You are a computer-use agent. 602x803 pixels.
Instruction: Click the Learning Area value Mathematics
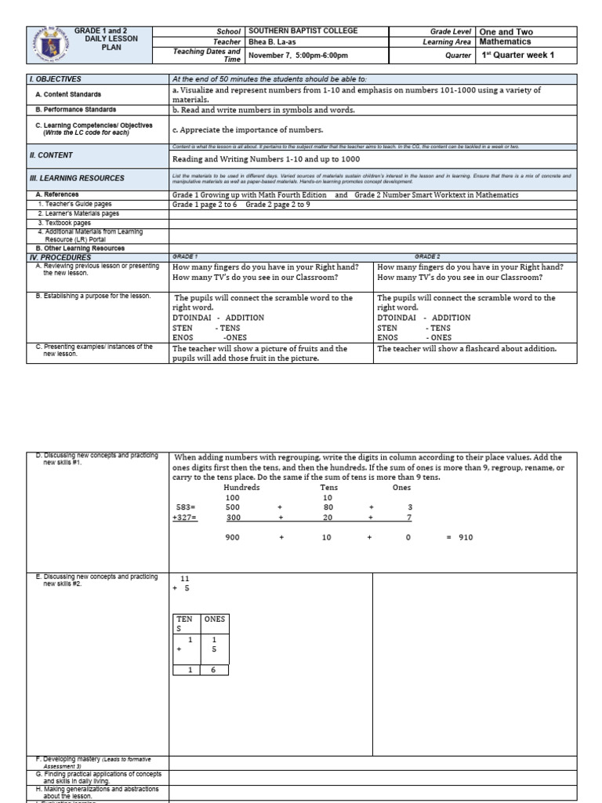505,42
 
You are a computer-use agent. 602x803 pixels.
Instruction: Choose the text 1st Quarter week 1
517,56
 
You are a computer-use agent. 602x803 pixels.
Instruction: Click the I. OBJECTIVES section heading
55,79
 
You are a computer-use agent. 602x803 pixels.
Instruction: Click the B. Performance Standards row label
76,110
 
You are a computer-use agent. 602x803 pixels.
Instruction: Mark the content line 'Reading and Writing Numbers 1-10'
267,158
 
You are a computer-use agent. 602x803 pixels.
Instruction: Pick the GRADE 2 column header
427,257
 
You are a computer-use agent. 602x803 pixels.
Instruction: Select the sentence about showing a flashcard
466,348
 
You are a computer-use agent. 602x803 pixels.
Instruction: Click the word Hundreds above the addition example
241,487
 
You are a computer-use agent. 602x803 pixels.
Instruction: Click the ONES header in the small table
214,619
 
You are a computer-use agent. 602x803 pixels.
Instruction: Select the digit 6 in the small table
214,669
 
